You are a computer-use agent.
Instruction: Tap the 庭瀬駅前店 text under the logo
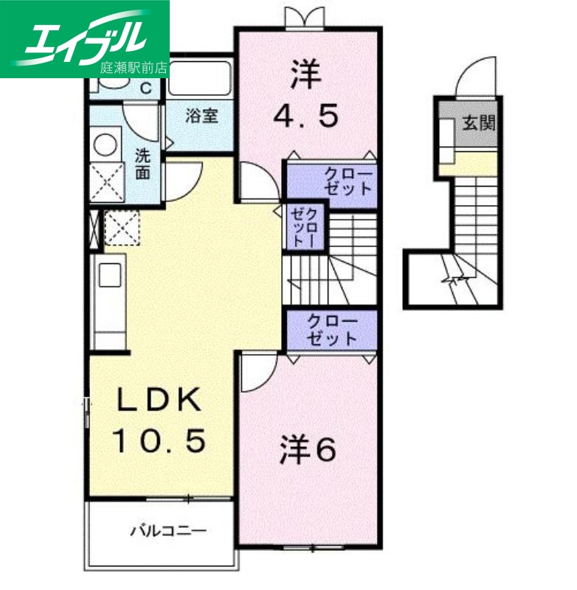click(x=134, y=68)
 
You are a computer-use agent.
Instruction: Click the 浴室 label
click(x=201, y=116)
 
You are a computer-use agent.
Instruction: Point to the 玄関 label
click(x=478, y=122)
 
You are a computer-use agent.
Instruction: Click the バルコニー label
click(x=168, y=530)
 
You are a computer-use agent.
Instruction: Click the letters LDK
click(x=159, y=401)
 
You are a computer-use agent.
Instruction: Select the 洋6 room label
click(x=308, y=450)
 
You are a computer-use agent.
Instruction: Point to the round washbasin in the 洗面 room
click(x=106, y=143)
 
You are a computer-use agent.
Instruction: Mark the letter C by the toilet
click(x=147, y=87)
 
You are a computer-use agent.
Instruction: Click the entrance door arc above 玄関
click(x=472, y=78)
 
